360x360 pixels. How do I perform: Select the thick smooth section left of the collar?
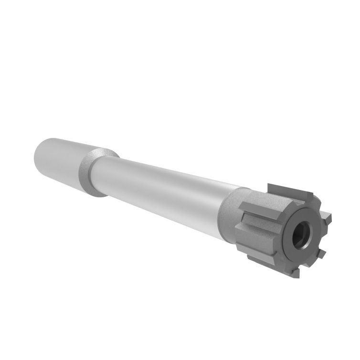(x=57, y=160)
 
